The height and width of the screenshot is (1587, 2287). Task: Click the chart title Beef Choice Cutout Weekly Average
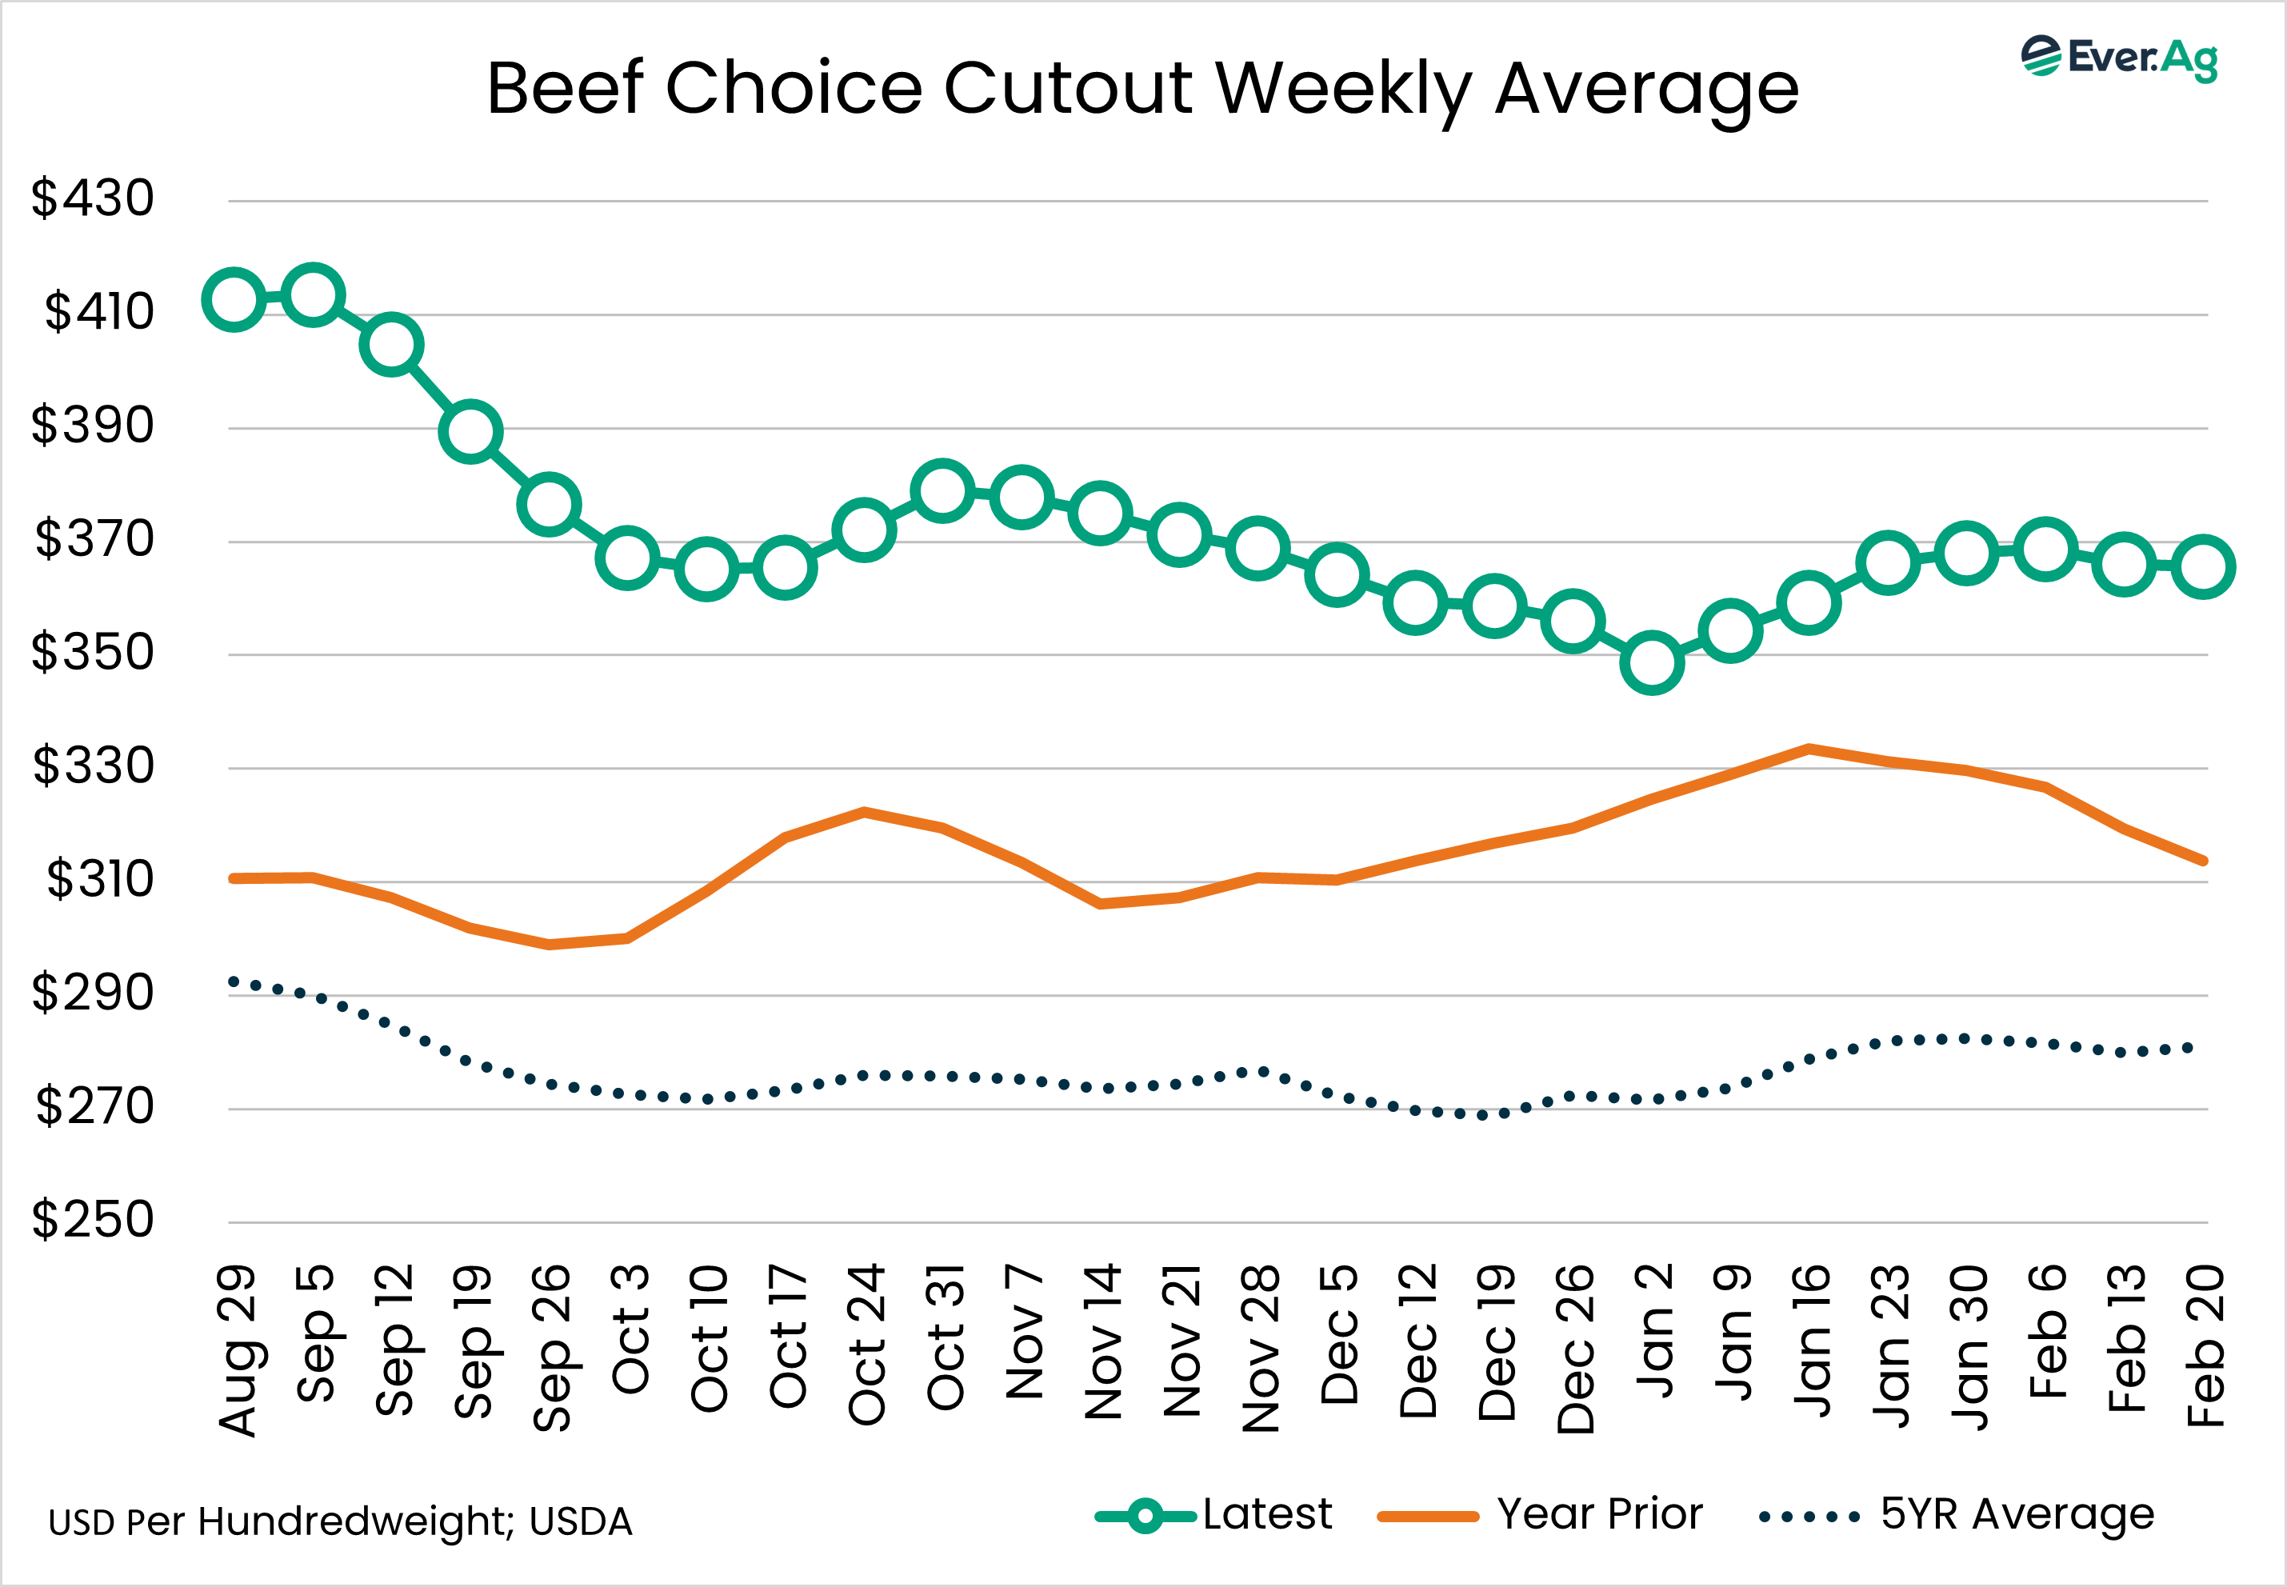tap(1142, 90)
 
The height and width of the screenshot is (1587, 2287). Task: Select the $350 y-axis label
tap(93, 652)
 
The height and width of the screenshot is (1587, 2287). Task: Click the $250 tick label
tap(93, 1219)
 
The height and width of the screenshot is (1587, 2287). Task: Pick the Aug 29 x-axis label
tap(237, 1349)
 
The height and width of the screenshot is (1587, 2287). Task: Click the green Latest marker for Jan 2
tap(1652, 662)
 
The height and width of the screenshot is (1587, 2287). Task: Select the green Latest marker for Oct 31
tap(942, 490)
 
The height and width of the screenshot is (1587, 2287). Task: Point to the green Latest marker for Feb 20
tap(2204, 567)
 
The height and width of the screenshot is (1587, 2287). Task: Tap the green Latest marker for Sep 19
tap(470, 432)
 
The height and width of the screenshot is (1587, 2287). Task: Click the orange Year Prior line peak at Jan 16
tap(1809, 748)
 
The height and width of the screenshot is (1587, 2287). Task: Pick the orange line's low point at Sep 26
tap(549, 945)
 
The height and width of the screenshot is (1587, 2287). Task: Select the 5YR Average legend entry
tap(1956, 1514)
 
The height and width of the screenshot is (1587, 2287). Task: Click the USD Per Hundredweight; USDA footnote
tap(340, 1521)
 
